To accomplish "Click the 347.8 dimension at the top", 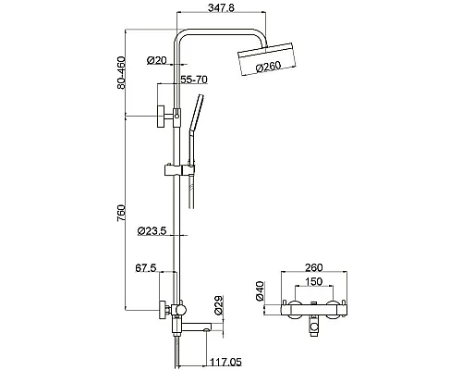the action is pyautogui.click(x=221, y=7).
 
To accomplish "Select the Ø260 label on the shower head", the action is pyautogui.click(x=268, y=67).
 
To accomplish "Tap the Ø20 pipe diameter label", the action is pyautogui.click(x=157, y=60).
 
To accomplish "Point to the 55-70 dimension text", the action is pyautogui.click(x=194, y=80).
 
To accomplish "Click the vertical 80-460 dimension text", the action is pyautogui.click(x=121, y=73).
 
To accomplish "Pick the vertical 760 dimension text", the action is pyautogui.click(x=121, y=213).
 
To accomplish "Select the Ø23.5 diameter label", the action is pyautogui.click(x=152, y=230).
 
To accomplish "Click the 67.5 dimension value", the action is pyautogui.click(x=146, y=268).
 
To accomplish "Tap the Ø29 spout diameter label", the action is pyautogui.click(x=218, y=305).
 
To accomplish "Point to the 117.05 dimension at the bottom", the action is pyautogui.click(x=225, y=362).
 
